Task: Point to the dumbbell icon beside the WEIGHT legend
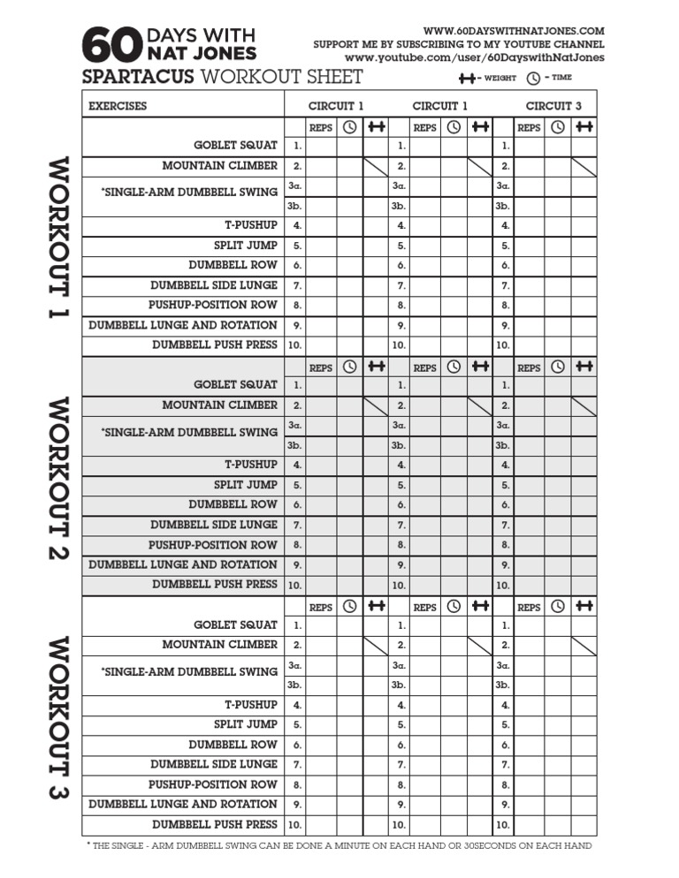[466, 79]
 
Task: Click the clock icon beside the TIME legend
[533, 79]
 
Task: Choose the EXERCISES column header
[118, 106]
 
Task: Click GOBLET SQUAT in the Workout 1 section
[235, 145]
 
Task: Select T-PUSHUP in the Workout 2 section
[250, 464]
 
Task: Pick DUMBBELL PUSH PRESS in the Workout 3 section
[215, 824]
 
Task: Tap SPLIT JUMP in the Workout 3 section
[245, 724]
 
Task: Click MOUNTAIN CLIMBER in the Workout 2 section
[219, 405]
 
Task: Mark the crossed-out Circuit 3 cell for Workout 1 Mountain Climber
[584, 165]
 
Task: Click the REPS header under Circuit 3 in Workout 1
[529, 127]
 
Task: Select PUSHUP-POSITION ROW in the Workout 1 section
[212, 305]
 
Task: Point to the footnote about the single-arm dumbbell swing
[339, 845]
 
